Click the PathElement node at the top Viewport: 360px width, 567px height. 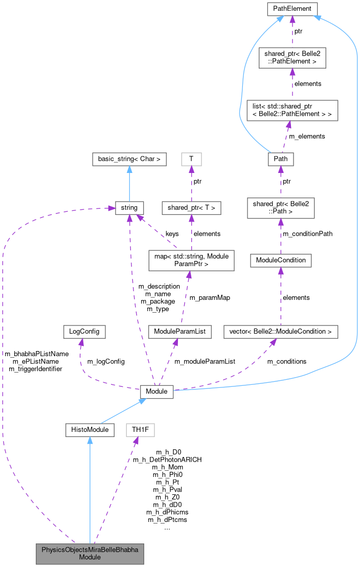(292, 9)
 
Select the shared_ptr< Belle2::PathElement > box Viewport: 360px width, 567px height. (292, 57)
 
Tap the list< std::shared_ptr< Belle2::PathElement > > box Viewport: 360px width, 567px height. (292, 110)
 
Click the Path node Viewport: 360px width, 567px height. (281, 159)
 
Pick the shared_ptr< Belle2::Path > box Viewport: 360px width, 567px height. (281, 207)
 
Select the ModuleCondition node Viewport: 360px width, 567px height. (281, 260)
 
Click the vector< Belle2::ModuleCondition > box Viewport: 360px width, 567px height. (281, 332)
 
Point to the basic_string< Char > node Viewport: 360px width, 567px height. (129, 159)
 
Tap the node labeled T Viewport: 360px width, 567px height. (191, 159)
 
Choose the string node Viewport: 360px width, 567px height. (129, 207)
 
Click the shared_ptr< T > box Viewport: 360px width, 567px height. (191, 207)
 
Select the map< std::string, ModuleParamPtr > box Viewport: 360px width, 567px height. (191, 260)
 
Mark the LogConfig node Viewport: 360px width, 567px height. (84, 332)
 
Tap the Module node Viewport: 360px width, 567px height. (157, 391)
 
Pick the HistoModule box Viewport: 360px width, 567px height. (89, 430)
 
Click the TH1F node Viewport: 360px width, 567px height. (141, 430)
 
